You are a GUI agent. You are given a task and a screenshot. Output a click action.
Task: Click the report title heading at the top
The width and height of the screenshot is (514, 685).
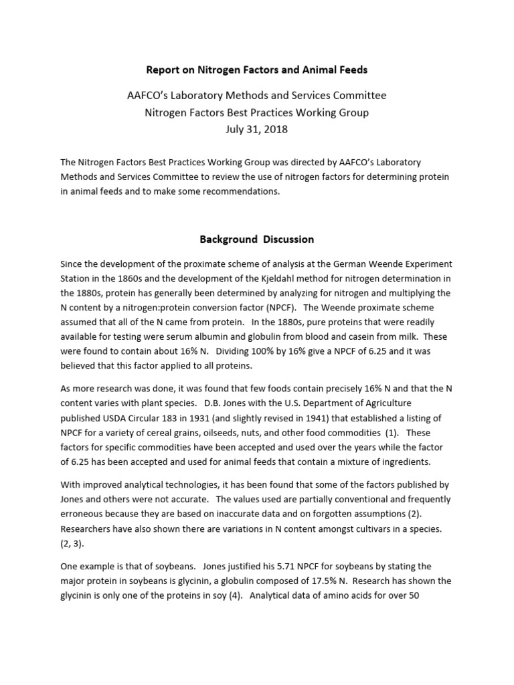tap(257, 70)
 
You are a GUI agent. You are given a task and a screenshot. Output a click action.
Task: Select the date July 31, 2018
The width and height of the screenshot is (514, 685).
tap(257, 129)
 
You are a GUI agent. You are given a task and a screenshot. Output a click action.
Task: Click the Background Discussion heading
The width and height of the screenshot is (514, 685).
tap(256, 239)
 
